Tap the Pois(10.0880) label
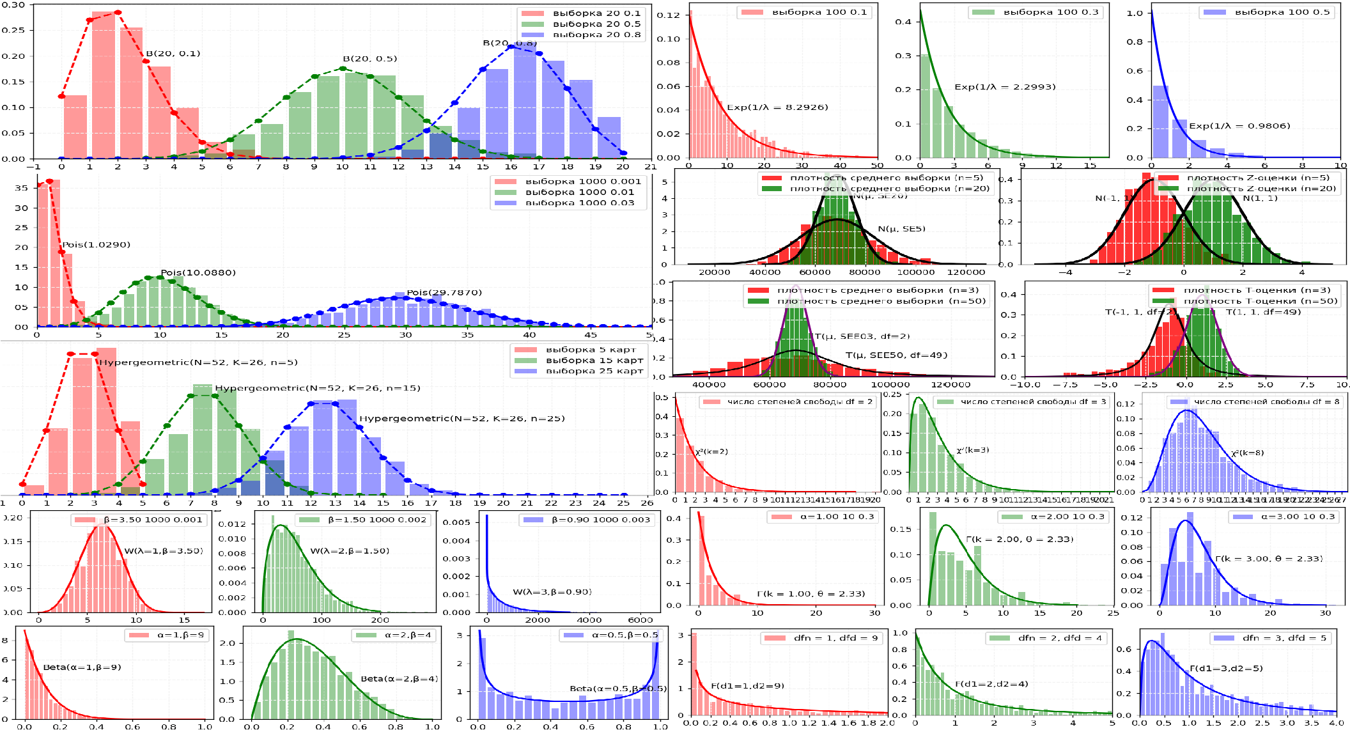pyautogui.click(x=198, y=273)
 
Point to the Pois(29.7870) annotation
pyautogui.click(x=444, y=293)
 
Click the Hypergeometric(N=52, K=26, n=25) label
pyautogui.click(x=462, y=419)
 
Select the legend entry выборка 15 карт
pyautogui.click(x=594, y=361)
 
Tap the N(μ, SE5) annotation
pyautogui.click(x=901, y=229)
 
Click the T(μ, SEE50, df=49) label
pyautogui.click(x=896, y=355)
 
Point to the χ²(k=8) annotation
pyautogui.click(x=1247, y=453)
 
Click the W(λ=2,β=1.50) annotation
pyautogui.click(x=350, y=551)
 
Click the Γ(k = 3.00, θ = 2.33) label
pyautogui.click(x=1269, y=559)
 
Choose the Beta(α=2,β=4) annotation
pyautogui.click(x=400, y=679)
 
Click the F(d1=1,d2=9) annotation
pyautogui.click(x=747, y=686)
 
